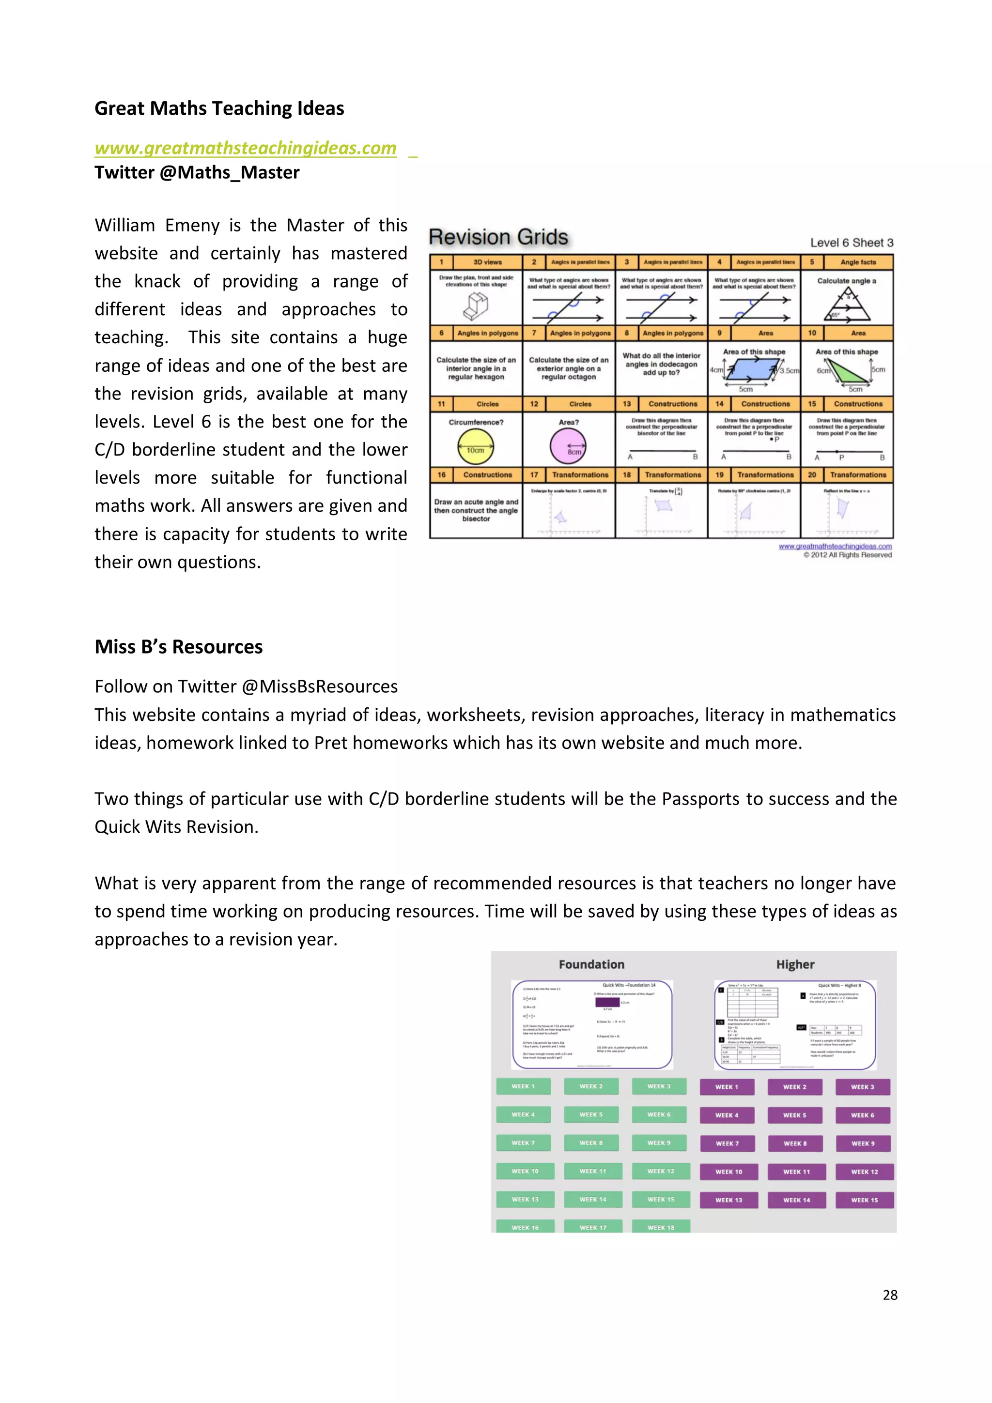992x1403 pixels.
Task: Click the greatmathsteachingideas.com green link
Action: point(245,148)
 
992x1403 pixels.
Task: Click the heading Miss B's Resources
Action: point(178,646)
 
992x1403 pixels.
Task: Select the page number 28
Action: point(890,1295)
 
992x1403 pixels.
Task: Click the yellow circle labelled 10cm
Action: point(476,447)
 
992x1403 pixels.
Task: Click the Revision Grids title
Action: point(498,237)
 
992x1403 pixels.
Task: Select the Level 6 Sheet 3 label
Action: point(852,243)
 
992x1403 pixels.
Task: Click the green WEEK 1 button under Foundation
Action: point(523,1086)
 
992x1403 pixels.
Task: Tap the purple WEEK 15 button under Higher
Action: point(864,1200)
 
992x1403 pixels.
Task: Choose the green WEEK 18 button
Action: point(661,1226)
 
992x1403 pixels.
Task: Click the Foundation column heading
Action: point(591,964)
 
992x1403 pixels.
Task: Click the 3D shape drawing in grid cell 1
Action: point(476,305)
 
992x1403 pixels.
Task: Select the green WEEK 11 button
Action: point(593,1172)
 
